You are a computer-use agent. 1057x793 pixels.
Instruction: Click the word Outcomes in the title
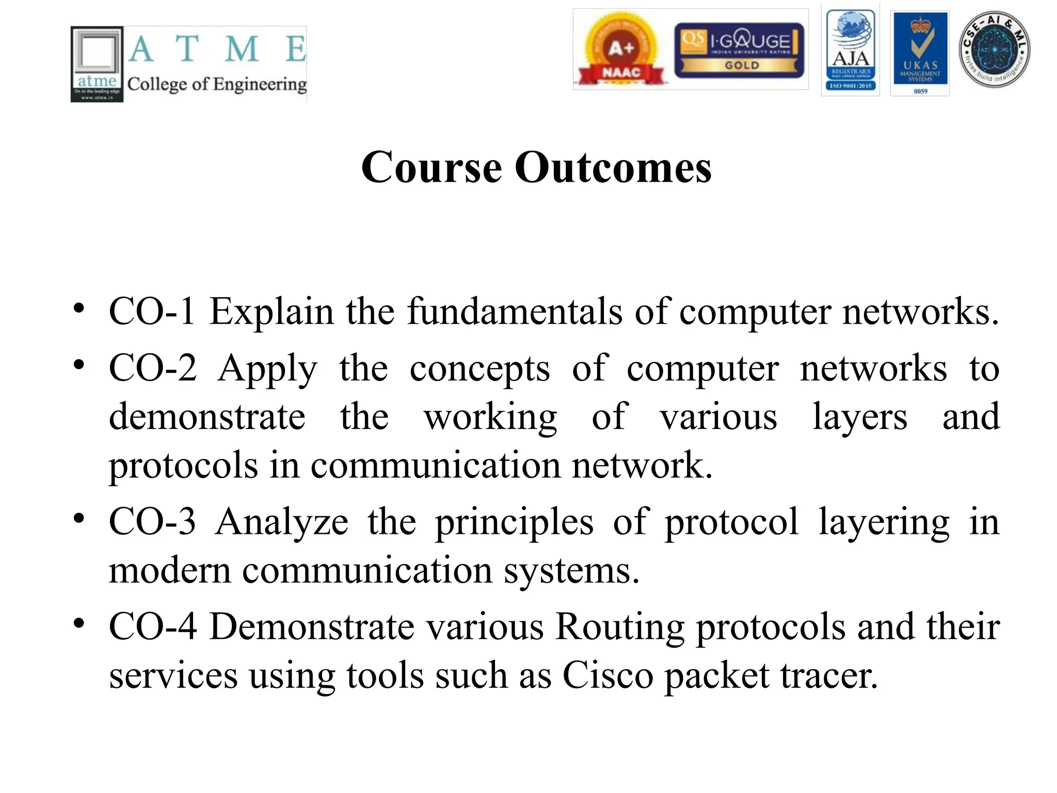[x=613, y=168]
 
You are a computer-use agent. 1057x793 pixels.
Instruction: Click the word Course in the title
[x=431, y=168]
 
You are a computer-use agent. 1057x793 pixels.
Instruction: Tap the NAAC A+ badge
[x=621, y=50]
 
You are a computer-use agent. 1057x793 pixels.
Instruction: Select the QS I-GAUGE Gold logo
[x=740, y=50]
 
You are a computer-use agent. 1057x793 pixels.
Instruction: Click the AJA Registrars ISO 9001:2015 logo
[x=851, y=50]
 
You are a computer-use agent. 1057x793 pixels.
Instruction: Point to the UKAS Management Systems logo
[x=920, y=54]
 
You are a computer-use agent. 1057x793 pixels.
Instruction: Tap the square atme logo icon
[x=97, y=64]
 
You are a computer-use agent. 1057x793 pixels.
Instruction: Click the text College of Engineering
[x=217, y=84]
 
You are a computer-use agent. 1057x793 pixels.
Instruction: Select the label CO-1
[x=152, y=312]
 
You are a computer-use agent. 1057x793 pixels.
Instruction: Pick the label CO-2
[x=153, y=368]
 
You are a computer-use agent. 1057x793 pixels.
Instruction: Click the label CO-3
[x=152, y=521]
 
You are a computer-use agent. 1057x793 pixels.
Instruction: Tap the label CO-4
[x=153, y=627]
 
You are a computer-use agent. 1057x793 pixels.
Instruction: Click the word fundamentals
[x=515, y=312]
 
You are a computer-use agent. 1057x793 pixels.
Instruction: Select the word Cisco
[x=607, y=676]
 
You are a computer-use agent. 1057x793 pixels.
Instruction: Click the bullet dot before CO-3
[x=78, y=518]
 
